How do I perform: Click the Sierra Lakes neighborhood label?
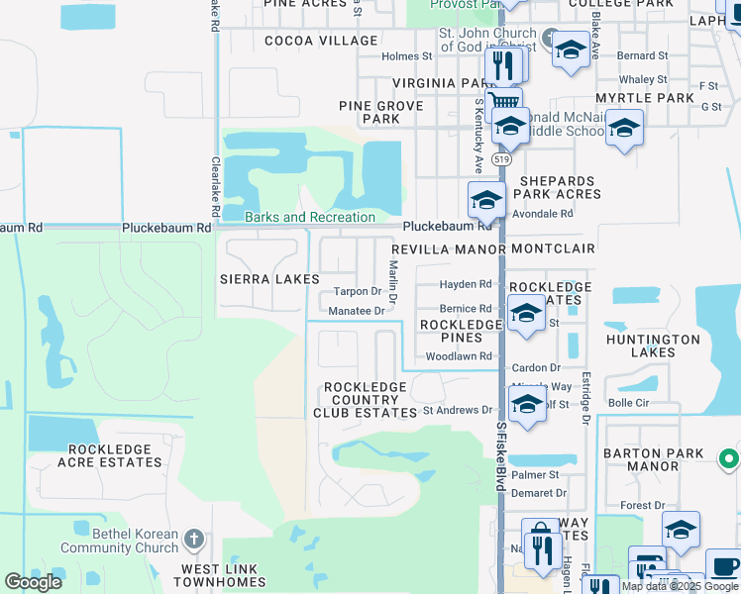[x=269, y=280]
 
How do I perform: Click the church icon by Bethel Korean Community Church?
[x=194, y=541]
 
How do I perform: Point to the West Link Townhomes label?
[x=219, y=576]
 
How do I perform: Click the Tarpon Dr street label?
[x=357, y=292]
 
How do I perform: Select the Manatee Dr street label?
[x=357, y=311]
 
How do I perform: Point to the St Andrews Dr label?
[x=457, y=410]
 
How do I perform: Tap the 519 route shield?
[x=503, y=159]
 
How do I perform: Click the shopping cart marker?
[x=505, y=101]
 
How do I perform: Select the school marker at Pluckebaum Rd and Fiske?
[x=486, y=200]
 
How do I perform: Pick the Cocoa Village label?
[x=321, y=41]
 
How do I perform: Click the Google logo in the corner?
[x=34, y=582]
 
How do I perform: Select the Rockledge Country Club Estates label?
[x=366, y=400]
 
